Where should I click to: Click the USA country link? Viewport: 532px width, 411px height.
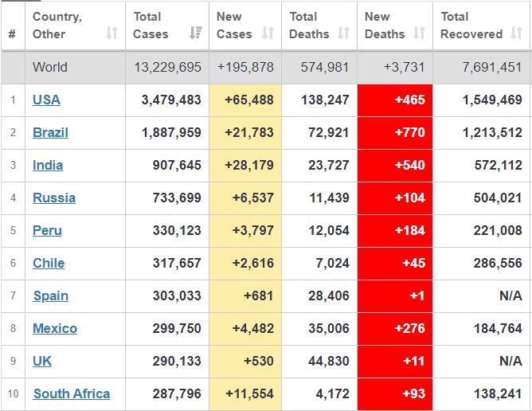46,100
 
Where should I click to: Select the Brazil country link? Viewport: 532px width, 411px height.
50,133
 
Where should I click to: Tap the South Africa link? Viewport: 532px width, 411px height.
72,394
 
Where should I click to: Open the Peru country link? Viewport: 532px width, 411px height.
47,231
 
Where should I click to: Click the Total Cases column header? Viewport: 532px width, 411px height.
151,25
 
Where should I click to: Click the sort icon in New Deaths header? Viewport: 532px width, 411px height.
419,33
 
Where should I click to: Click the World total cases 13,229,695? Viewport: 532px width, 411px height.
166,68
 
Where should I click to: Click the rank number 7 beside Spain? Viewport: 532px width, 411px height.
13,296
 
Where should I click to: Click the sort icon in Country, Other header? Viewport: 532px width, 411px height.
111,33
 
